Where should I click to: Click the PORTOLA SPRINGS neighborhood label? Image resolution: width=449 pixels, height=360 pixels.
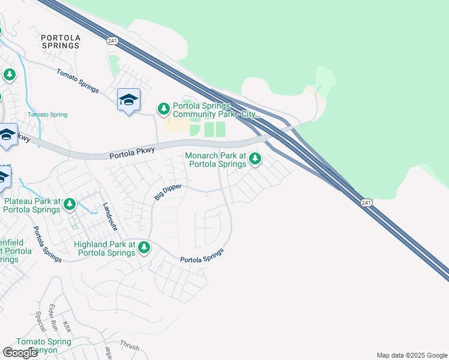[x=60, y=41]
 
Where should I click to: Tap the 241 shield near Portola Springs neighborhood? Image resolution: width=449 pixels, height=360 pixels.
[x=112, y=40]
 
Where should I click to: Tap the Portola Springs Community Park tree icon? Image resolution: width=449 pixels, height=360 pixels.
[x=163, y=109]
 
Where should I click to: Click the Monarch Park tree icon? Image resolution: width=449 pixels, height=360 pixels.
[x=255, y=158]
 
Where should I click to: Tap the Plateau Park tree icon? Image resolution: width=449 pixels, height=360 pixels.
[x=70, y=205]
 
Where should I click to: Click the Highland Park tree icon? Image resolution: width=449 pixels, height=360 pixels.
[x=143, y=247]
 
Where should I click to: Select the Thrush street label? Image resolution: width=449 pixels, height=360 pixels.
[x=129, y=346]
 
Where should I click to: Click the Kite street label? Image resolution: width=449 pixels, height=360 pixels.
[x=67, y=326]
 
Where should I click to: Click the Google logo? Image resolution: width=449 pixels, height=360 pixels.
[x=20, y=353]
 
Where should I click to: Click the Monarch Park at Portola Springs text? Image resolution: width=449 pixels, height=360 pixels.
[x=215, y=160]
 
